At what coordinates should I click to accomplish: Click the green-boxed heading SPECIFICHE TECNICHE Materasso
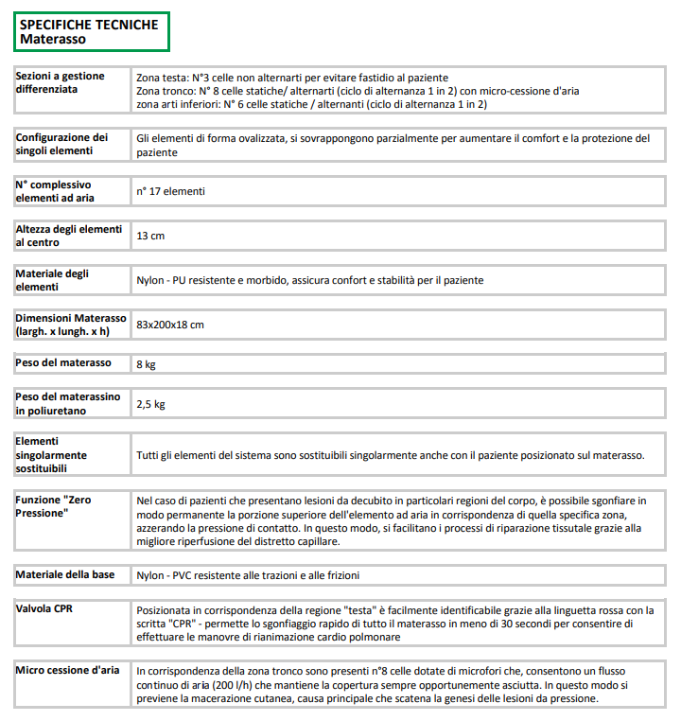point(90,32)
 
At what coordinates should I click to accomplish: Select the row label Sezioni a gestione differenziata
point(61,82)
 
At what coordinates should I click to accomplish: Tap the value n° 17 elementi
point(170,191)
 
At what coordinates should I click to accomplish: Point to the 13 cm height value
point(150,236)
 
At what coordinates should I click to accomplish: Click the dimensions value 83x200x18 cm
point(170,325)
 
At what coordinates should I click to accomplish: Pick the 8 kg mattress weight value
point(146,363)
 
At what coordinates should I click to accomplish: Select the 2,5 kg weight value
point(151,404)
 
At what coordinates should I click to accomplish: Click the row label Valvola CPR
point(44,608)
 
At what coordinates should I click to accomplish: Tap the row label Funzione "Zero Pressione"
point(54,505)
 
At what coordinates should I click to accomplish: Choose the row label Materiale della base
point(65,574)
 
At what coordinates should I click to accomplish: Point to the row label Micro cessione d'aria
point(67,670)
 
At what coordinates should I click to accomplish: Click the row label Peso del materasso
point(63,362)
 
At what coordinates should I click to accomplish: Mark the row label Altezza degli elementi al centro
point(68,236)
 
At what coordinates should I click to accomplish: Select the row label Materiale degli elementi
point(53,280)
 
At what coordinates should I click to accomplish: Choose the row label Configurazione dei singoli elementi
point(62,144)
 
